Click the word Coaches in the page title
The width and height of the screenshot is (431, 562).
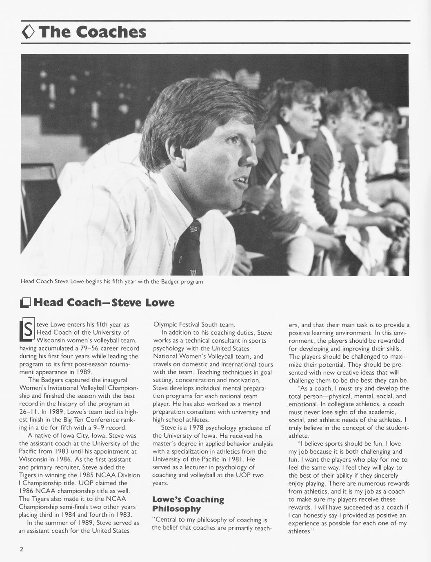111,32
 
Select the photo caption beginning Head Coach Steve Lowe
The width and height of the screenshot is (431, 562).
111,282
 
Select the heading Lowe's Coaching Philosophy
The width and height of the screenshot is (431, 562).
188,504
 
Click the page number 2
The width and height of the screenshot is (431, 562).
21,549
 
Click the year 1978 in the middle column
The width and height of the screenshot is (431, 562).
196,428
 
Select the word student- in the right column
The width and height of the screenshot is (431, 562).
395,428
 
